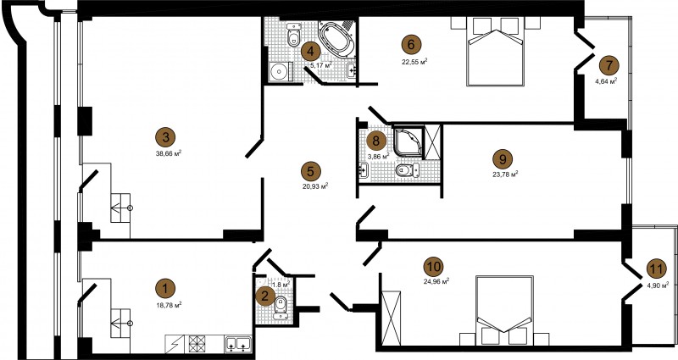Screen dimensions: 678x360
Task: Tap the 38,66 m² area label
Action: pos(168,152)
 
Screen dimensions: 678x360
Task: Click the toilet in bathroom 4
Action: pos(294,35)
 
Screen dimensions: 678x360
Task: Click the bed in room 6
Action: pos(496,51)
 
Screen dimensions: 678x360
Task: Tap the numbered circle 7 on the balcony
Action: pos(609,66)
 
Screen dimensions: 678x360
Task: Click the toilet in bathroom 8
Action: pos(408,170)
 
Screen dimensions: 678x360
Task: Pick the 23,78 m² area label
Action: pos(506,174)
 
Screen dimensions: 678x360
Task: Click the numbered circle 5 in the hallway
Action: pos(311,172)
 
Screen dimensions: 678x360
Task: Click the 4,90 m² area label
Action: pos(658,285)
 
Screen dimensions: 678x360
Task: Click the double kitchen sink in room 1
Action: pos(238,344)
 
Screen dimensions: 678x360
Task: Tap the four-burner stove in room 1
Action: pos(197,344)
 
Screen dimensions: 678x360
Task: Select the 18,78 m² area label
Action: pos(169,305)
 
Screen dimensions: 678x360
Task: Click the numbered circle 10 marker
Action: pos(434,267)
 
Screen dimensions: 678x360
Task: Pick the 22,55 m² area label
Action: pos(414,61)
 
